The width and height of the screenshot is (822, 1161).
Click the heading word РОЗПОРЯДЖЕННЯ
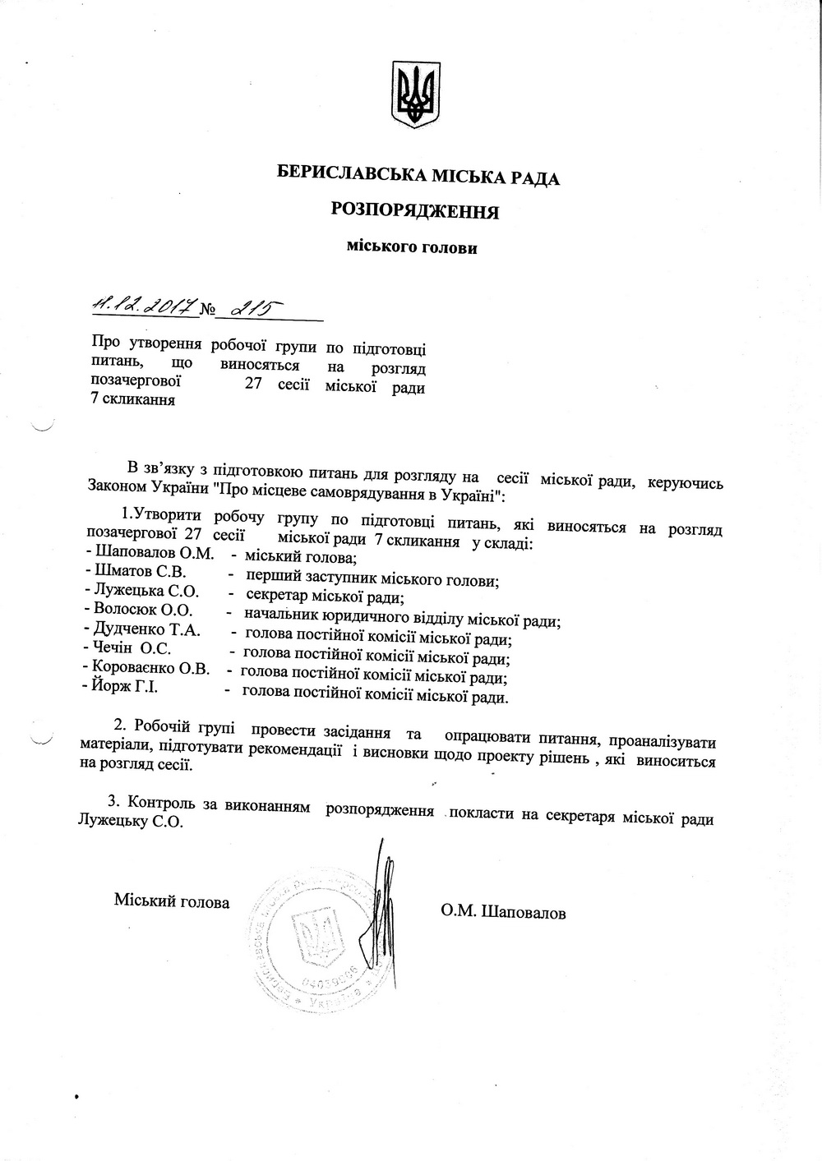[416, 211]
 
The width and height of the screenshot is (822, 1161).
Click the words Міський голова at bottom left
[171, 901]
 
